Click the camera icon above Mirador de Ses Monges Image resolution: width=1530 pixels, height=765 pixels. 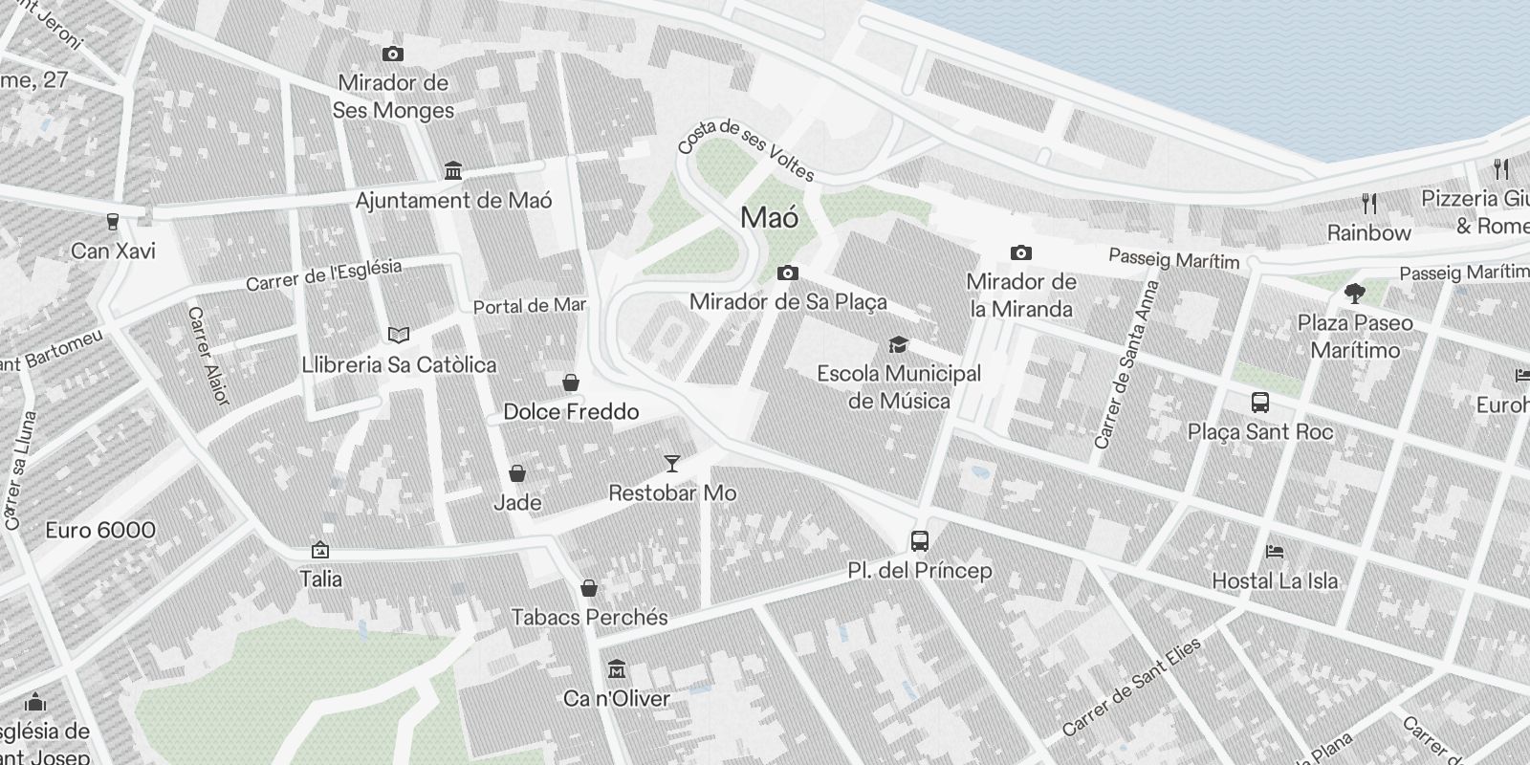392,55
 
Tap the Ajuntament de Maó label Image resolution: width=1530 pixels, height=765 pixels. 453,201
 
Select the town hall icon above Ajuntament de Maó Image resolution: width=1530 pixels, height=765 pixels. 453,171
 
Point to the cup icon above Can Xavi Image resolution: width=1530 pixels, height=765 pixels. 113,222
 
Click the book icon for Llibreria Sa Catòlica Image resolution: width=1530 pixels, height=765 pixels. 399,335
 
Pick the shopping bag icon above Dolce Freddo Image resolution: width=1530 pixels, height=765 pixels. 571,382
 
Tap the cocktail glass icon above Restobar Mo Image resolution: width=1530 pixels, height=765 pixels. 672,464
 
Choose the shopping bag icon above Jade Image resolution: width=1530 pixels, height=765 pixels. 517,473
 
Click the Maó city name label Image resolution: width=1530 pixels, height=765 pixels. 769,218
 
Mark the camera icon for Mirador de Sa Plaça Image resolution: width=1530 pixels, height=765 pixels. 787,273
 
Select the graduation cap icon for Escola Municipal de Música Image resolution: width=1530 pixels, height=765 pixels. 898,344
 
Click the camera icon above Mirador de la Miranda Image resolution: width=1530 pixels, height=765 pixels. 1020,253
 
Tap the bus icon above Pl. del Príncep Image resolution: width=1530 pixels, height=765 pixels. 920,541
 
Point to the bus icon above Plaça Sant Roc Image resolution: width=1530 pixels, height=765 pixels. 1260,403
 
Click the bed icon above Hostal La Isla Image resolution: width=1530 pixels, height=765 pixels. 1275,552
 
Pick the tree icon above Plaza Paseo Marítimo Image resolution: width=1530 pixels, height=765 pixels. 1354,293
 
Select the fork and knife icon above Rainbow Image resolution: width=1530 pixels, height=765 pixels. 1369,203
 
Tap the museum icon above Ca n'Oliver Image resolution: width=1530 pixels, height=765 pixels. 617,668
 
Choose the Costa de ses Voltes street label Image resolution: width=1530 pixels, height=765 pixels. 746,150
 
